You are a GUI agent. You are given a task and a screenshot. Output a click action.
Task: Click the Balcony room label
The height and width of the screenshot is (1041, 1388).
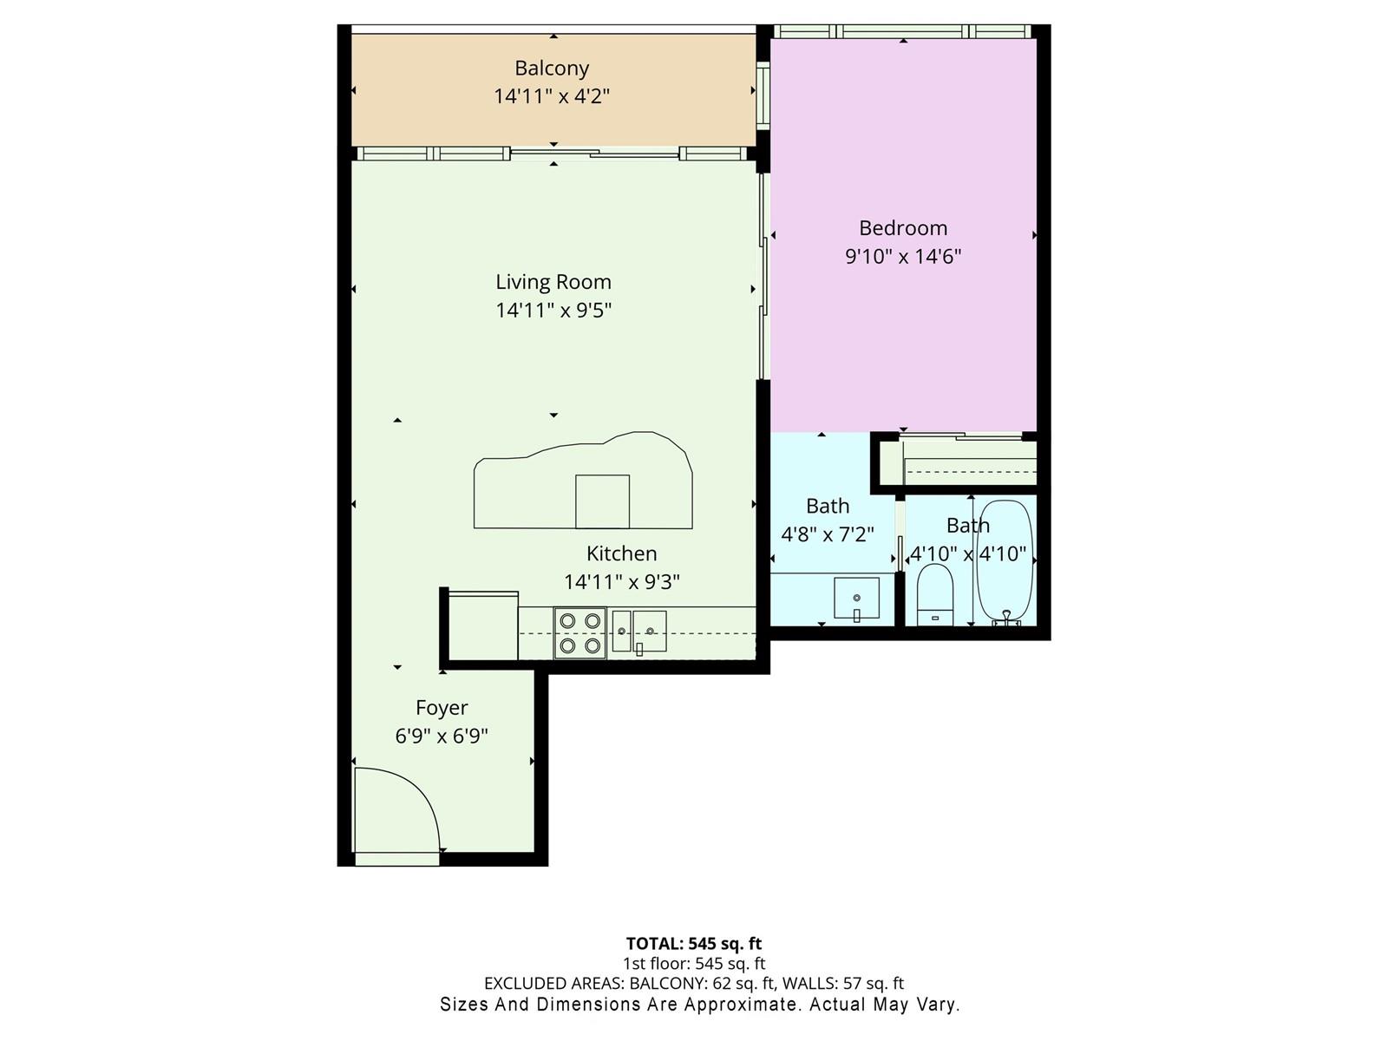pyautogui.click(x=552, y=68)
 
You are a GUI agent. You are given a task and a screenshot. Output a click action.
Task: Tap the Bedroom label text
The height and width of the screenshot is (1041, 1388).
pyautogui.click(x=903, y=227)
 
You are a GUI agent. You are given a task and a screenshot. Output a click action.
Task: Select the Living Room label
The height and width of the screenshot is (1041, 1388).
pyautogui.click(x=553, y=282)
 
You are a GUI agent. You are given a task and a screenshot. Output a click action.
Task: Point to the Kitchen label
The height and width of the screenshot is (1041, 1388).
pyautogui.click(x=622, y=553)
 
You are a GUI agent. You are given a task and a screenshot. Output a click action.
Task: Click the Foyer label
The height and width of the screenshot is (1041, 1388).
pyautogui.click(x=442, y=708)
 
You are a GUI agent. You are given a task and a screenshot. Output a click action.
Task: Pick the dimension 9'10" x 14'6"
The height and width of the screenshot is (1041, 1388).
pyautogui.click(x=903, y=256)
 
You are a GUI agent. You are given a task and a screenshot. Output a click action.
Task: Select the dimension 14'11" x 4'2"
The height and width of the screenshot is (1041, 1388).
pyautogui.click(x=552, y=96)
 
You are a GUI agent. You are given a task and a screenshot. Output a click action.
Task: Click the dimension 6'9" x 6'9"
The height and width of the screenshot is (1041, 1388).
pyautogui.click(x=442, y=736)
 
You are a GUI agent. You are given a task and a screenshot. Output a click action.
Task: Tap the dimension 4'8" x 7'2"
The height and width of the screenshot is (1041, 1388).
pyautogui.click(x=827, y=534)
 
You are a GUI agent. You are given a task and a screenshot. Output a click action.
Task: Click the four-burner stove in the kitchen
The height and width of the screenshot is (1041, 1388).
pyautogui.click(x=579, y=632)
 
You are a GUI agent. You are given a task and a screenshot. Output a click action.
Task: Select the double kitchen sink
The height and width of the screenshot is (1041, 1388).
pyautogui.click(x=638, y=631)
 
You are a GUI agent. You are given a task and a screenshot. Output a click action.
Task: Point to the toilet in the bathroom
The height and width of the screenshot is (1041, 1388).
pyautogui.click(x=934, y=594)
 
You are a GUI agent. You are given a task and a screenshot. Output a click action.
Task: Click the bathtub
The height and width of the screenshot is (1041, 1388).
pyautogui.click(x=1005, y=562)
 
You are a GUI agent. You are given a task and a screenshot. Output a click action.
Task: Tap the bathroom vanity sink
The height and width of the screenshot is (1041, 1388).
pyautogui.click(x=856, y=598)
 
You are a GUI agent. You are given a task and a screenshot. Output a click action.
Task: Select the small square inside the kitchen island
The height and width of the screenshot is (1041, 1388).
pyautogui.click(x=602, y=501)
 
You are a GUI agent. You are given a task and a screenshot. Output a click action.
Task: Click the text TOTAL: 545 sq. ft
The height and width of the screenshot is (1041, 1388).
pyautogui.click(x=694, y=944)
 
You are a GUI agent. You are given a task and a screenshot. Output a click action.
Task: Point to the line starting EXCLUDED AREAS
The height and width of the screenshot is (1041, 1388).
pyautogui.click(x=694, y=984)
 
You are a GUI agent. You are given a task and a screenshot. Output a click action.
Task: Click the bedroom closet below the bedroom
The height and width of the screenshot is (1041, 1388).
pyautogui.click(x=959, y=462)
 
